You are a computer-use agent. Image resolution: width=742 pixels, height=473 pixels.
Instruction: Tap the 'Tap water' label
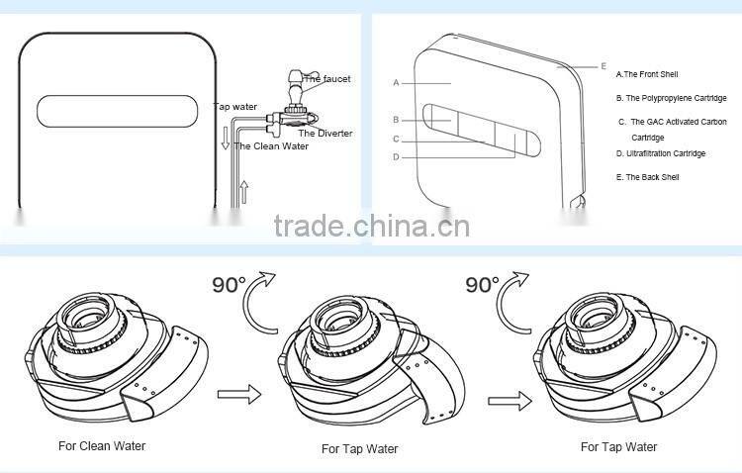(233, 105)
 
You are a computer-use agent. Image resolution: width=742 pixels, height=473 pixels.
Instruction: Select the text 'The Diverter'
(325, 133)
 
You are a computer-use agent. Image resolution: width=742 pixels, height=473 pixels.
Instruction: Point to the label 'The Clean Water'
(271, 145)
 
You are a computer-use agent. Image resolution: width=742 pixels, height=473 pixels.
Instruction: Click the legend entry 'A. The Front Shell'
(647, 74)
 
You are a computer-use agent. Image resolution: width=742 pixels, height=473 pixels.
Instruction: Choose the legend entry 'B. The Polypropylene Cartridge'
(671, 98)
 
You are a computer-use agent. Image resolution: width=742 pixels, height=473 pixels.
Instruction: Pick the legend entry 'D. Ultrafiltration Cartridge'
(660, 153)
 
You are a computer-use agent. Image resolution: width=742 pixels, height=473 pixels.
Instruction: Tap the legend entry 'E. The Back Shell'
(647, 177)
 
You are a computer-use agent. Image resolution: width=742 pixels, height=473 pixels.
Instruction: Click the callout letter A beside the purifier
(395, 82)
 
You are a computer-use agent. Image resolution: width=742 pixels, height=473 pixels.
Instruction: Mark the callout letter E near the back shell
(603, 66)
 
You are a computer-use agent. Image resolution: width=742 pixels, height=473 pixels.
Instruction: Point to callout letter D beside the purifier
(395, 156)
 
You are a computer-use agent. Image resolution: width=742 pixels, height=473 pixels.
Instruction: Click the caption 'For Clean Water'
(102, 446)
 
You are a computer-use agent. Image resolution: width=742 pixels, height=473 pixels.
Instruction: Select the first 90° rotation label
(230, 285)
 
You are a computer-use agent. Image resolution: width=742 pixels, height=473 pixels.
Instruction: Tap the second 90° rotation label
(483, 285)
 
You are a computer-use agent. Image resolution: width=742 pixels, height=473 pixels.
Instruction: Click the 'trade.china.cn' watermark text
(371, 227)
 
